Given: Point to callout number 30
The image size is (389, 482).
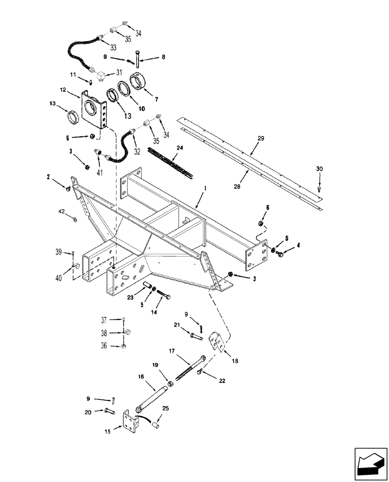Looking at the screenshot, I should tap(320, 169).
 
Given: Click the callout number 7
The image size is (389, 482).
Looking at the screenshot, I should tap(155, 99).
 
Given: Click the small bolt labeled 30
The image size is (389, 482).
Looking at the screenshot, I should tap(319, 189).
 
